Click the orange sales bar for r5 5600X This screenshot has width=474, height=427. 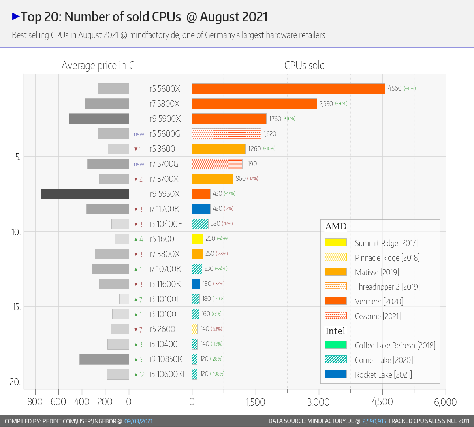pos(288,89)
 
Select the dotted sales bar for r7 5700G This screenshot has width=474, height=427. pos(217,164)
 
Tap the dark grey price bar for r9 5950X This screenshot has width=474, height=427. pos(85,194)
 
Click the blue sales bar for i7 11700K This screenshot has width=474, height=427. pos(201,209)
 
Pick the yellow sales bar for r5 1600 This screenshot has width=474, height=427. pos(197,239)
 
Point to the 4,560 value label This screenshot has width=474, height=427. pos(395,89)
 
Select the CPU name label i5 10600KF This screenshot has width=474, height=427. pos(168,374)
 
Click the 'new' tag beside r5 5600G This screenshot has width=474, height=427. pos(139,134)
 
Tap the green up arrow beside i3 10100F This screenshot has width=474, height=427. pos(136,299)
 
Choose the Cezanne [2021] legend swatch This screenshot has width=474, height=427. pos(335,316)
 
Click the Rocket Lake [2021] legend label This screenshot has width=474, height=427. pos(383,375)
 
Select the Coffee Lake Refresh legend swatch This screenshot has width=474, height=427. pos(335,345)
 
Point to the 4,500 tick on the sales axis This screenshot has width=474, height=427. pos(382,402)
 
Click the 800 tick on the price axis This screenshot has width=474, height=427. pos(35,402)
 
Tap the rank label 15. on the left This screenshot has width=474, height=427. pos(16,307)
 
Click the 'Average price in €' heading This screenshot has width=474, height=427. pos(98,66)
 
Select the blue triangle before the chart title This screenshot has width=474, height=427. pos(16,17)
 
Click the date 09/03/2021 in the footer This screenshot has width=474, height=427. pos(139,421)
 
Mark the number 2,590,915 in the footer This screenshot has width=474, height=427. pos(374,421)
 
